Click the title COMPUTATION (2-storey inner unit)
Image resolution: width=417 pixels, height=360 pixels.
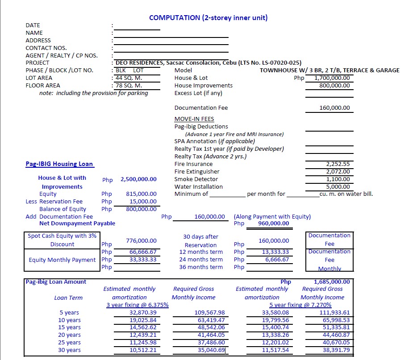click(x=208, y=18)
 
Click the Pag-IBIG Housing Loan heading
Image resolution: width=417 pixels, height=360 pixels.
click(x=59, y=164)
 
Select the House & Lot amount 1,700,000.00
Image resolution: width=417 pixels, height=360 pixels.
click(x=332, y=78)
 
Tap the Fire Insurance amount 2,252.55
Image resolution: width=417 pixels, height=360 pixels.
click(x=338, y=164)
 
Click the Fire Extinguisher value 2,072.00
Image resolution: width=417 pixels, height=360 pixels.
click(x=338, y=171)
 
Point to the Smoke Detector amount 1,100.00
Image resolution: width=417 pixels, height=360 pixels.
click(x=338, y=179)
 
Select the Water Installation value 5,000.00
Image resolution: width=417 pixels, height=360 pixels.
click(x=338, y=186)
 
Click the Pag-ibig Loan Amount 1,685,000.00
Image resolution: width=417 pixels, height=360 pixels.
click(x=332, y=281)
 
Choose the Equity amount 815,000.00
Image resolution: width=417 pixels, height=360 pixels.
click(x=141, y=194)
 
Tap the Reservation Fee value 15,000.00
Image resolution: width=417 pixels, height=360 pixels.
click(x=143, y=201)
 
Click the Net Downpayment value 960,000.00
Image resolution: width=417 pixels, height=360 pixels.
click(x=273, y=223)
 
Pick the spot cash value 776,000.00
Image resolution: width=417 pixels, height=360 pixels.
click(x=141, y=240)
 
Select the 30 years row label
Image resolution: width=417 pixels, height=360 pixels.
click(x=70, y=350)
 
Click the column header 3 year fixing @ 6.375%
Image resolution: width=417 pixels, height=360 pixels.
click(x=137, y=305)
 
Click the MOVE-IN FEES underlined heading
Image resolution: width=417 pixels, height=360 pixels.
click(x=194, y=119)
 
